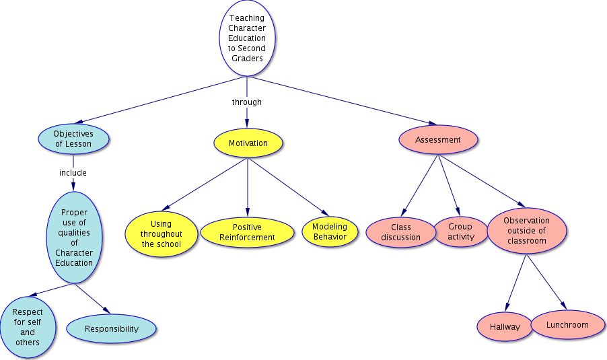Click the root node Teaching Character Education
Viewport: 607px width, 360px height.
[247, 38]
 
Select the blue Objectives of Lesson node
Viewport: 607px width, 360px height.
[73, 139]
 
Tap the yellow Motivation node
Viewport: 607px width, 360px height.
[248, 143]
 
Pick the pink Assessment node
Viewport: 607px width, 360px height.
[438, 139]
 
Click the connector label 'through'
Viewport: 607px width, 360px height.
[246, 102]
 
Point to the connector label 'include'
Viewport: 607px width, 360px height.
[73, 173]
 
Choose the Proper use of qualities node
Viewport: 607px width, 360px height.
[74, 238]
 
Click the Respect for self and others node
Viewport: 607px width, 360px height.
[27, 328]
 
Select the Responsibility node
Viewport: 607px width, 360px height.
[112, 328]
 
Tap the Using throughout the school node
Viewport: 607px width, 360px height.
[161, 233]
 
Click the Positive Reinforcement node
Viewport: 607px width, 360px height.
[247, 232]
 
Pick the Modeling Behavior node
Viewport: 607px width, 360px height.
[330, 231]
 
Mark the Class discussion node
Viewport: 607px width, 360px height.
[400, 232]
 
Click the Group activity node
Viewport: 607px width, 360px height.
[461, 231]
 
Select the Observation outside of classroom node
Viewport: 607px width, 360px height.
[526, 231]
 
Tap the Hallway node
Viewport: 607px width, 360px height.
[505, 327]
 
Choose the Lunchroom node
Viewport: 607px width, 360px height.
[567, 325]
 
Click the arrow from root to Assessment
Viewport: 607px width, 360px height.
[344, 101]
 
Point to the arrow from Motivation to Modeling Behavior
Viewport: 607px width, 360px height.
[289, 186]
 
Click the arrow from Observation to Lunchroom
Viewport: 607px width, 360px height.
[546, 282]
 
